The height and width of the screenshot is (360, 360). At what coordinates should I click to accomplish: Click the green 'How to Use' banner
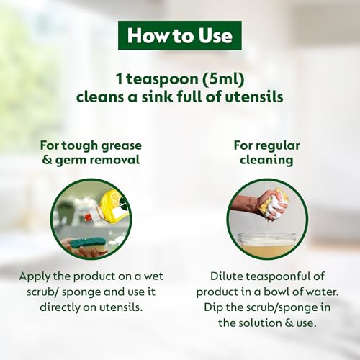[x=179, y=35]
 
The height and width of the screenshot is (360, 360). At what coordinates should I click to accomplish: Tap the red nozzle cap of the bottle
[x=89, y=216]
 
